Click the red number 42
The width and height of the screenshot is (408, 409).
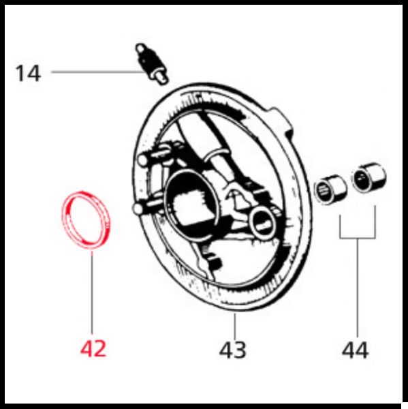93,349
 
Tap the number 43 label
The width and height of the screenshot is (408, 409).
232,350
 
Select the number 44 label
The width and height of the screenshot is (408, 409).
355,350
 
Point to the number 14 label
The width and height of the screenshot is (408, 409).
28,74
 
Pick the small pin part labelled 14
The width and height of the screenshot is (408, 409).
152,64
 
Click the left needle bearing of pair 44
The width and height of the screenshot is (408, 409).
330,190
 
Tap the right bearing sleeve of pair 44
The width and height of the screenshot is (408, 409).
368,177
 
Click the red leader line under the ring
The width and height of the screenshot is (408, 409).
92,292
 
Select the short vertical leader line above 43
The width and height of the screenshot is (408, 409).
235,326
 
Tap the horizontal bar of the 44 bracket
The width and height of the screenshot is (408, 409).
358,238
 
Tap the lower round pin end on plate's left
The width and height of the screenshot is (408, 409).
138,209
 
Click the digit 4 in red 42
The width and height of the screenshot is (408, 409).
87,349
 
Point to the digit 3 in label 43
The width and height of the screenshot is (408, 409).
240,350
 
